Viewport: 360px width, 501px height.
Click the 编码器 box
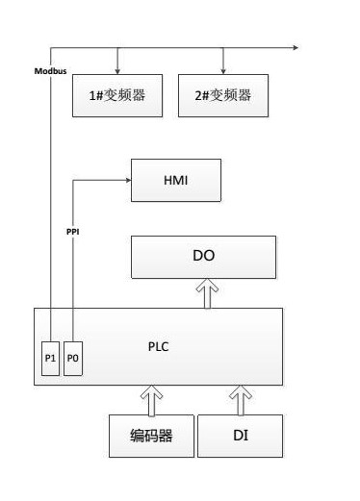(151, 436)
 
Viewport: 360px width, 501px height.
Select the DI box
(241, 436)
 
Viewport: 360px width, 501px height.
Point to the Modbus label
(50, 71)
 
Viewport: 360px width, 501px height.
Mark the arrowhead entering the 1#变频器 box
(117, 70)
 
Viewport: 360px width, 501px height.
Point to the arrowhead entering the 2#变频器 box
(224, 70)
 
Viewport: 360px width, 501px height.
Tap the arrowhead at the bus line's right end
(295, 46)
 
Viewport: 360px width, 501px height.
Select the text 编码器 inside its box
(151, 436)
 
